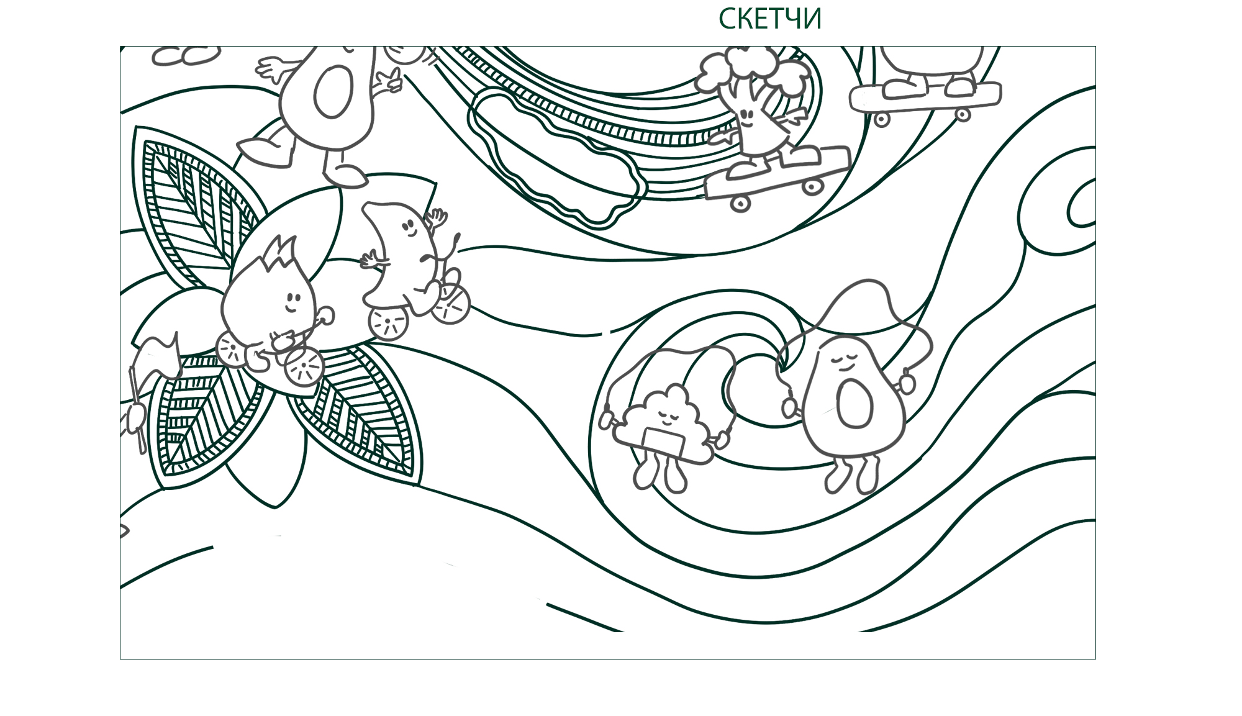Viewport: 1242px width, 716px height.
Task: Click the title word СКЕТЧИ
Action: tap(769, 19)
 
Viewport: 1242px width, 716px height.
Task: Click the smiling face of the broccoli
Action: tap(748, 118)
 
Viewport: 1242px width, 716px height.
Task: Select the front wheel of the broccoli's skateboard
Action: tap(812, 184)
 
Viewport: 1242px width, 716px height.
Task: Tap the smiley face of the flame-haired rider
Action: tap(292, 302)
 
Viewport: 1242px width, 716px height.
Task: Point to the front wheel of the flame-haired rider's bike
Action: tap(304, 367)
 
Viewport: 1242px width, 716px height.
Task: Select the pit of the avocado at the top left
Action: tap(333, 91)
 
